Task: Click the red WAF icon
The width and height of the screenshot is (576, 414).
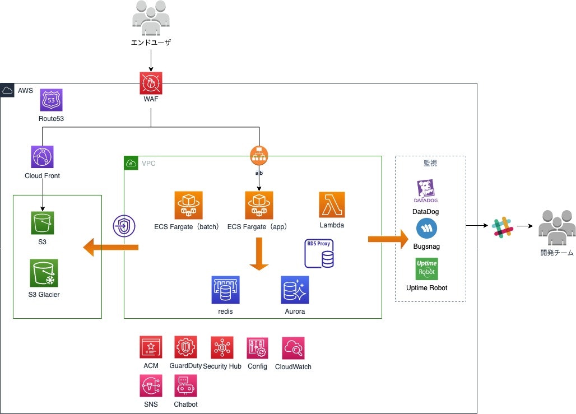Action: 151,83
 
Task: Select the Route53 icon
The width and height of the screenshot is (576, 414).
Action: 52,100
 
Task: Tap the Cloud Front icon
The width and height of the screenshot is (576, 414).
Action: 43,157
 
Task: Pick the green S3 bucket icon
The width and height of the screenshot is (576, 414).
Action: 43,223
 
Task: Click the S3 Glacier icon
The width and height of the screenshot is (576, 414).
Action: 44,273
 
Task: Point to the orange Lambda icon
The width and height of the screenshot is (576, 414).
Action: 332,205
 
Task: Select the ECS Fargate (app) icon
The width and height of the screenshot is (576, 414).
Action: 259,205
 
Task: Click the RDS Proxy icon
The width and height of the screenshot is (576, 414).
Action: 319,254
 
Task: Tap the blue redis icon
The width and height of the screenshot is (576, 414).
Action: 225,290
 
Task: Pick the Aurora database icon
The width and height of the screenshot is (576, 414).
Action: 295,290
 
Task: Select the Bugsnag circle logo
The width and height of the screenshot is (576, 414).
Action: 427,229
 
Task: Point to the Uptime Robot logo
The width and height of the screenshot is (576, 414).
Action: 427,269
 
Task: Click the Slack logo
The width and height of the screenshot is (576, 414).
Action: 502,226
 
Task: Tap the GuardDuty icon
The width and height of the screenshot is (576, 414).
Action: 185,347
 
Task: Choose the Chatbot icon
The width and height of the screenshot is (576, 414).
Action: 185,386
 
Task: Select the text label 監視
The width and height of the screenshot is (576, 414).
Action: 430,164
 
